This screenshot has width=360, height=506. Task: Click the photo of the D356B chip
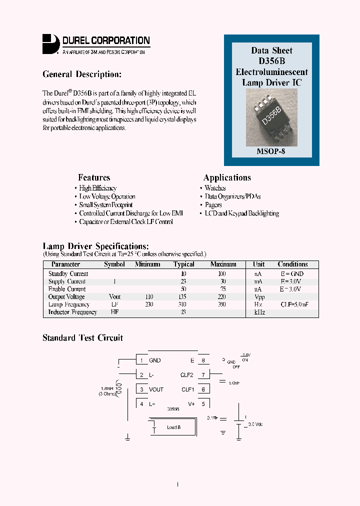click(271, 116)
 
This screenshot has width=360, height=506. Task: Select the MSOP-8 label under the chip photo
click(271, 150)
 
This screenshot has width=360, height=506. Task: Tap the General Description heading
click(82, 74)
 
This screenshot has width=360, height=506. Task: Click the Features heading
click(94, 177)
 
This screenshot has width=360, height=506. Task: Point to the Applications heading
click(227, 177)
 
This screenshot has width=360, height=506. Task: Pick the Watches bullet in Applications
click(215, 188)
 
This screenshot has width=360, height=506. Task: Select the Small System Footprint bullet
click(106, 205)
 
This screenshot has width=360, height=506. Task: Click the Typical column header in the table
click(183, 264)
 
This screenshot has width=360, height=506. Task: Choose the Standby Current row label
click(68, 273)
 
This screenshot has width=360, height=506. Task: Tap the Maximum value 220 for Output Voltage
click(222, 296)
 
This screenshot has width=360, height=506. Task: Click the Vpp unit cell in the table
click(259, 296)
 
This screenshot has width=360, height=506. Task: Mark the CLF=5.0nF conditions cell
click(292, 304)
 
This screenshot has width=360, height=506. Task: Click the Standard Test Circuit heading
click(82, 338)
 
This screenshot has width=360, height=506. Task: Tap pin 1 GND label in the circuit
click(154, 360)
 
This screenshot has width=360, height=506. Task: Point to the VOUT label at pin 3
click(156, 389)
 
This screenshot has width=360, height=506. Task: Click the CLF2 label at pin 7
click(187, 374)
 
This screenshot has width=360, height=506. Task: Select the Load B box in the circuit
click(173, 427)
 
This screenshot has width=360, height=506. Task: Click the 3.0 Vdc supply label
click(255, 424)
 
